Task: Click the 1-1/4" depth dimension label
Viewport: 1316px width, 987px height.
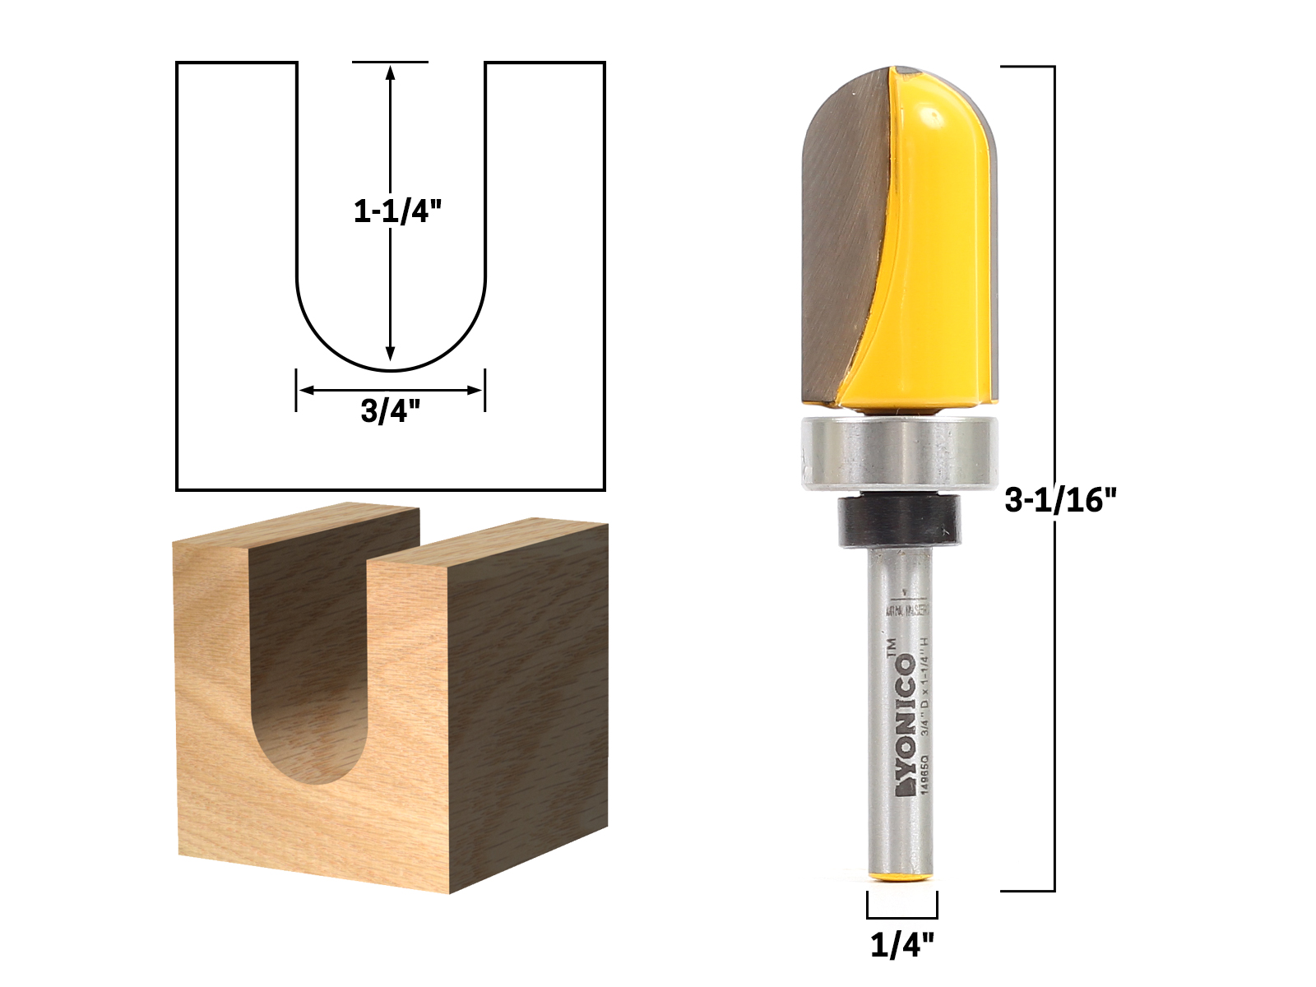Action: click(x=392, y=212)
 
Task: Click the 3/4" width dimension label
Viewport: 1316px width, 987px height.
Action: click(x=391, y=411)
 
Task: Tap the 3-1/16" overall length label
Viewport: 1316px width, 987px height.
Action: click(x=1064, y=499)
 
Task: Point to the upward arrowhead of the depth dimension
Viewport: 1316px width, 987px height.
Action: click(x=391, y=72)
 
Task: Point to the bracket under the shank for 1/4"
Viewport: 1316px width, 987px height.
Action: click(x=902, y=915)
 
